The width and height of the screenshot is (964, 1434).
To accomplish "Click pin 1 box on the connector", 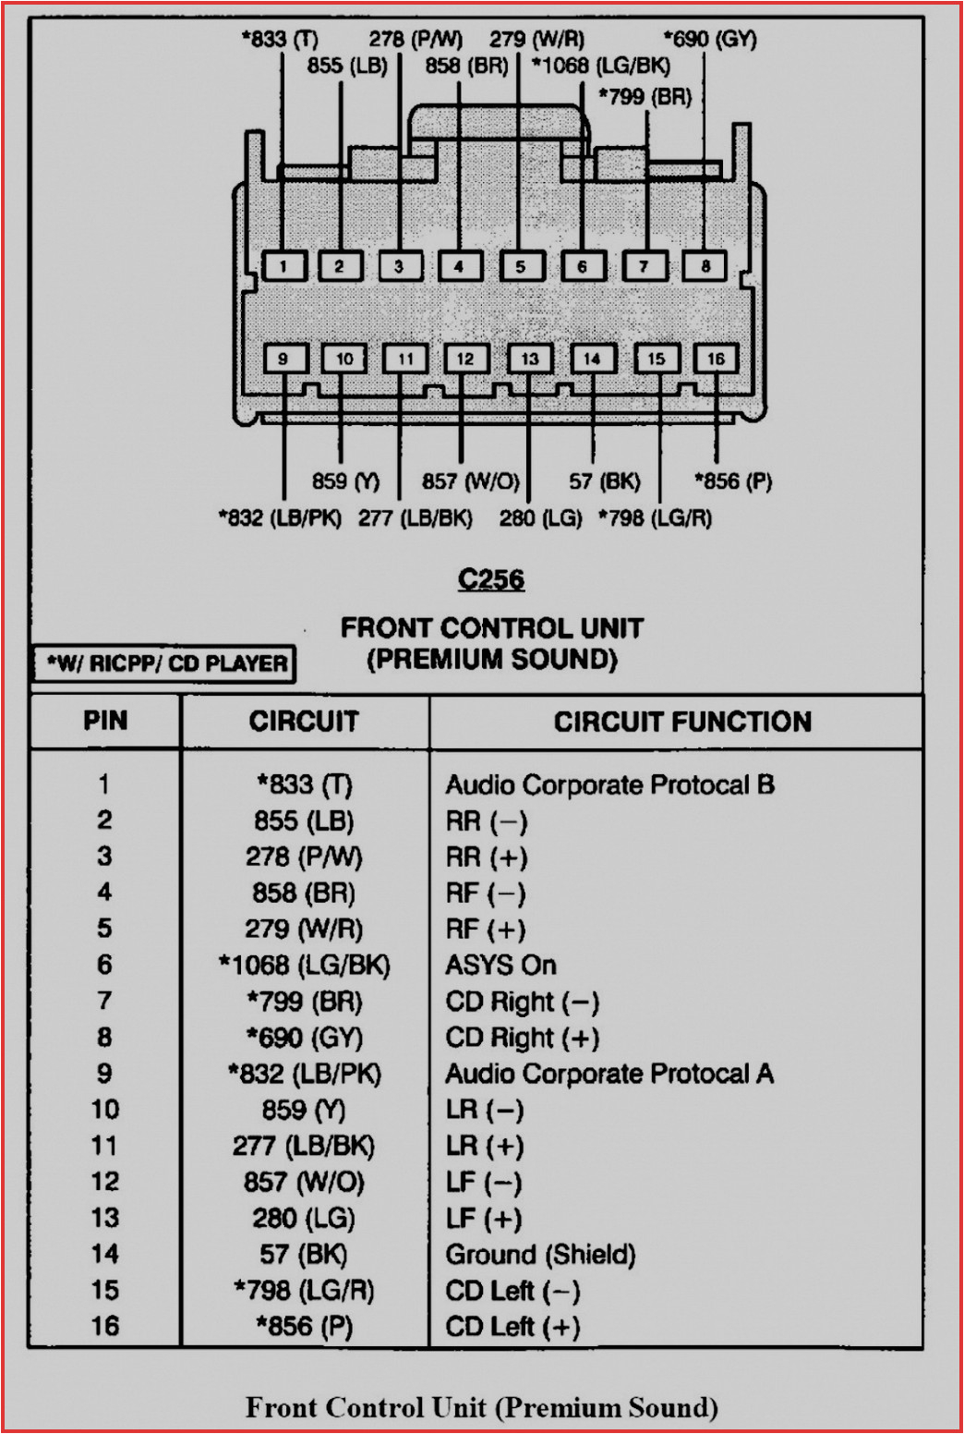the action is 283,266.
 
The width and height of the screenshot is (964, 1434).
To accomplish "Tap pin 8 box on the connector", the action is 705,266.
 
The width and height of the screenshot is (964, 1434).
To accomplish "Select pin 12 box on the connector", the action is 465,358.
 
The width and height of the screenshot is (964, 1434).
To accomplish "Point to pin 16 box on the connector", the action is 716,358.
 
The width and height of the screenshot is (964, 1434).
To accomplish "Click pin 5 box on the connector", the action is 521,266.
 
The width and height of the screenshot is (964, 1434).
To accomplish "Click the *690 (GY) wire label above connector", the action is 709,39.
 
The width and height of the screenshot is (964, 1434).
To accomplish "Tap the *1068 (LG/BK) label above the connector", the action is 601,66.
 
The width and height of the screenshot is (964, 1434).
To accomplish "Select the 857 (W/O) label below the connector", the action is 470,481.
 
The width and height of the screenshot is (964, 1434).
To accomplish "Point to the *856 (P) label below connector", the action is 733,481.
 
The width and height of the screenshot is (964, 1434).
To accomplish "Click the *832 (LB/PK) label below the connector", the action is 280,517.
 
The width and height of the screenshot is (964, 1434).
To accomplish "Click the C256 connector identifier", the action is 491,579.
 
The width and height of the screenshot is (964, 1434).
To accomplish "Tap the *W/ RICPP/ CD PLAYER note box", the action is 165,663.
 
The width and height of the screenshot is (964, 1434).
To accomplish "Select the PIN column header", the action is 105,721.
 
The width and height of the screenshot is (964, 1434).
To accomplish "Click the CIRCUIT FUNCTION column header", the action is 682,722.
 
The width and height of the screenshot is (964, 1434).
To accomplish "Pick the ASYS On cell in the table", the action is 500,966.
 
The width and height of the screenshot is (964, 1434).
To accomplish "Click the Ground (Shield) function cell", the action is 540,1255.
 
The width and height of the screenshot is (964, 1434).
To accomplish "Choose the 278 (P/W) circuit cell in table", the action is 304,857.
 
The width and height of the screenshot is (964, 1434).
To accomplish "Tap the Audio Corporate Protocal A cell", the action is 609,1074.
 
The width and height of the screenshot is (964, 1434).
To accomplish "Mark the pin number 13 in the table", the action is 104,1218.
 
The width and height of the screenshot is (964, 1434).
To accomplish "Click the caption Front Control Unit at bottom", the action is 481,1407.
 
